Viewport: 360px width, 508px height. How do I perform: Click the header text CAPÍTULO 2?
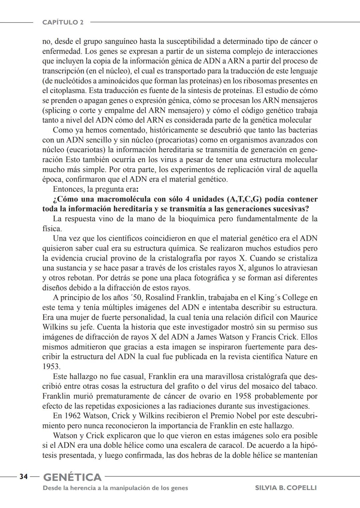[63, 22]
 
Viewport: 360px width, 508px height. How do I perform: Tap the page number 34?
[23, 477]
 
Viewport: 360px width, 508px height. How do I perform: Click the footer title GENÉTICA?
[72, 477]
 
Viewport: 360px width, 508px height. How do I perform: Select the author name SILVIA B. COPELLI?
[286, 488]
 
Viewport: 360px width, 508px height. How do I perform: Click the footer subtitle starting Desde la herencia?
[115, 488]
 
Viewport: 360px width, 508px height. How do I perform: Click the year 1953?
[51, 366]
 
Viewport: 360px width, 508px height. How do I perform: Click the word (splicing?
[57, 110]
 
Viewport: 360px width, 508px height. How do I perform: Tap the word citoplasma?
[67, 91]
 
